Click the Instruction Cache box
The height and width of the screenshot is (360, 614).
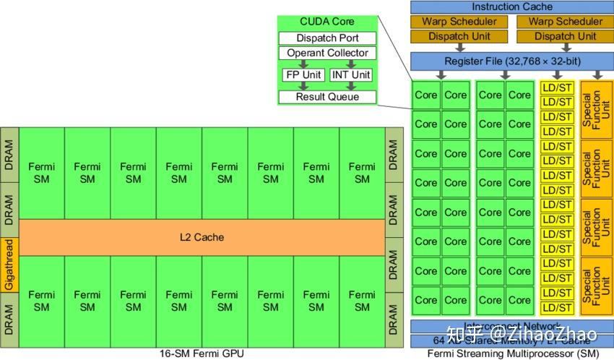click(511, 7)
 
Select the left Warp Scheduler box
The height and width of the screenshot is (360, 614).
click(459, 22)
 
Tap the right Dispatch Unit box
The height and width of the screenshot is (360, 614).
click(566, 36)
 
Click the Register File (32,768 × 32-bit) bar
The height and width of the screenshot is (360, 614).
click(511, 61)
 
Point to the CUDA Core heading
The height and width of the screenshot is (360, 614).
click(327, 22)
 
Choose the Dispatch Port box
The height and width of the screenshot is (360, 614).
click(327, 38)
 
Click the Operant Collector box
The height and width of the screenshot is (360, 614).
click(327, 53)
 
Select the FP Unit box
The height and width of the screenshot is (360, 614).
click(303, 74)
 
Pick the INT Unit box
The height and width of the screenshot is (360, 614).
click(350, 74)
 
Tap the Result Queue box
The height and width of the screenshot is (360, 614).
click(327, 97)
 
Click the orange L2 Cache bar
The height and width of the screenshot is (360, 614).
click(202, 237)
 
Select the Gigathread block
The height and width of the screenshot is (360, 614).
click(9, 265)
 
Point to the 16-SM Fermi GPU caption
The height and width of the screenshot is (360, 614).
click(201, 353)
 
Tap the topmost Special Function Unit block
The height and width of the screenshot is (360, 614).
click(596, 109)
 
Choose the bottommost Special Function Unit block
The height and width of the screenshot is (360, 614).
click(596, 286)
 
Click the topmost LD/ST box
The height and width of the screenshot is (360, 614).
click(557, 87)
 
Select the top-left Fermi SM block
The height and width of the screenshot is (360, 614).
click(41, 173)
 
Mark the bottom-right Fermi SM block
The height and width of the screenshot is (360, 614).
click(362, 301)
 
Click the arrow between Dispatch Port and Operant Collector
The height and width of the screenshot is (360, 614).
click(327, 46)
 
